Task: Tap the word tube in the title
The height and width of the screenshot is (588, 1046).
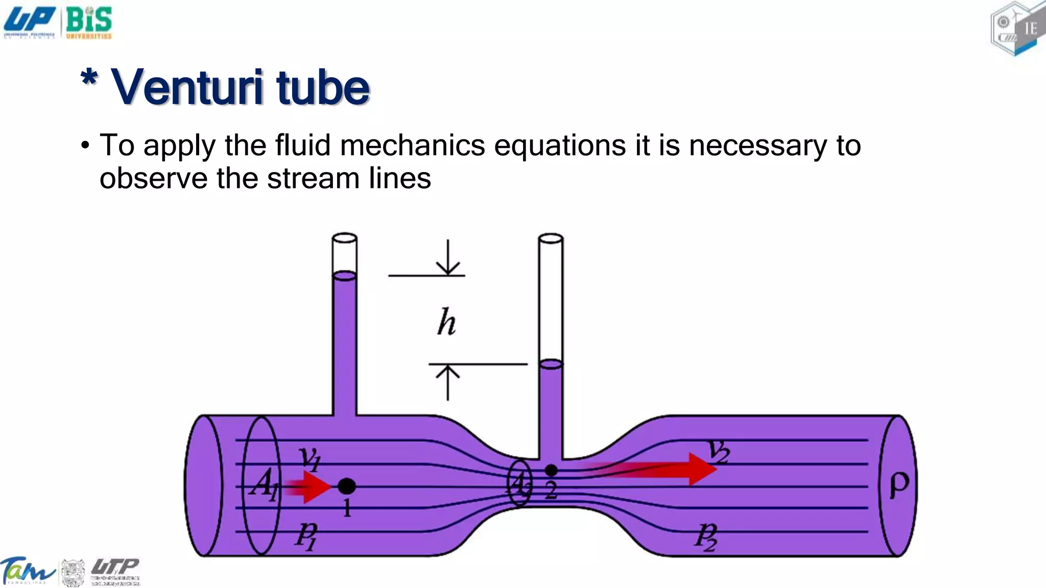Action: click(x=323, y=88)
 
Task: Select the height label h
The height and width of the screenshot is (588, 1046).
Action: click(x=446, y=323)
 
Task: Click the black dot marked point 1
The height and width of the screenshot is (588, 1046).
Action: click(x=347, y=486)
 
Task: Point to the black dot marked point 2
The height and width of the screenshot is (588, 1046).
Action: click(x=551, y=470)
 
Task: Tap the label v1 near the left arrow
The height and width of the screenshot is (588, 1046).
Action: click(x=310, y=458)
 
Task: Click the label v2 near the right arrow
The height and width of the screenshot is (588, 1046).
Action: click(x=719, y=451)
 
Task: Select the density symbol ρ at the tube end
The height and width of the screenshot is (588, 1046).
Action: click(x=899, y=485)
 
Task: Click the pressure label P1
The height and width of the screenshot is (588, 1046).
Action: click(x=306, y=536)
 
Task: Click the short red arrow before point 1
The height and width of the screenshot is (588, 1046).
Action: click(x=309, y=487)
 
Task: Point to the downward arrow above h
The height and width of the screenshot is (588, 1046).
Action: click(x=448, y=258)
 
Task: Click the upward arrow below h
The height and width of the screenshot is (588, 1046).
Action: click(x=448, y=383)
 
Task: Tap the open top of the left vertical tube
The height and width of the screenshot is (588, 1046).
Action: click(x=344, y=238)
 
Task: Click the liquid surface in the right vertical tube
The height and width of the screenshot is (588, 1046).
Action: click(x=551, y=364)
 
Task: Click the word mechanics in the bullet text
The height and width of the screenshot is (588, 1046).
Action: click(x=412, y=145)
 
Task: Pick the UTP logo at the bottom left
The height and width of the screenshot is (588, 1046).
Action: click(x=115, y=571)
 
